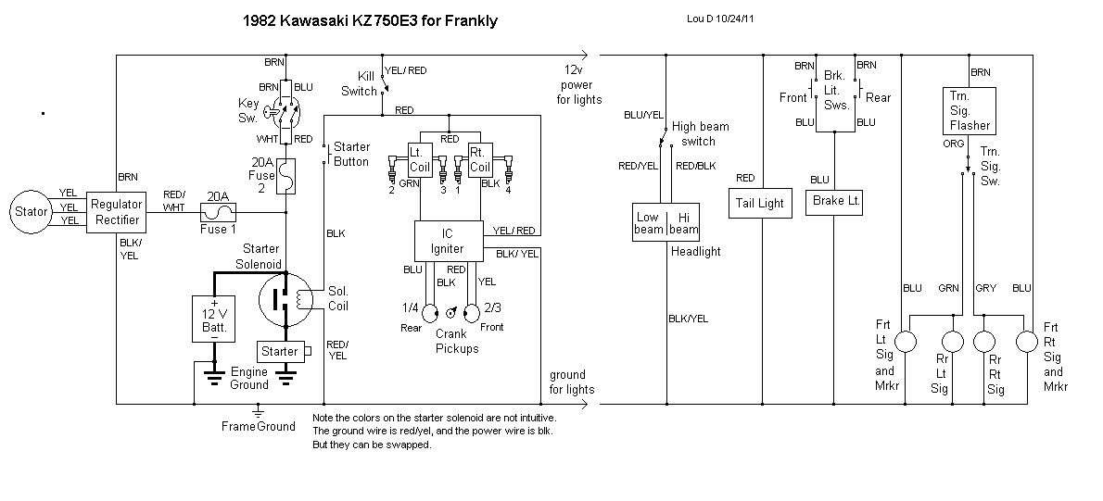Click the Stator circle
tap(31, 211)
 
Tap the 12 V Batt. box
tap(214, 319)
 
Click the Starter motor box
tap(281, 352)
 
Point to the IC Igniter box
tap(449, 242)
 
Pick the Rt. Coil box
tap(478, 160)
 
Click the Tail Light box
tap(759, 203)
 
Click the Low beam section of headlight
tap(648, 223)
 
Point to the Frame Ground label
tap(258, 426)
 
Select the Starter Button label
tap(351, 154)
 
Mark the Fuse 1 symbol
tap(215, 210)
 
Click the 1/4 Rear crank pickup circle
tap(429, 311)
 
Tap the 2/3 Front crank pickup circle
tap(472, 311)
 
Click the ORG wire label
tap(954, 144)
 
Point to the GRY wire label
tap(986, 288)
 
